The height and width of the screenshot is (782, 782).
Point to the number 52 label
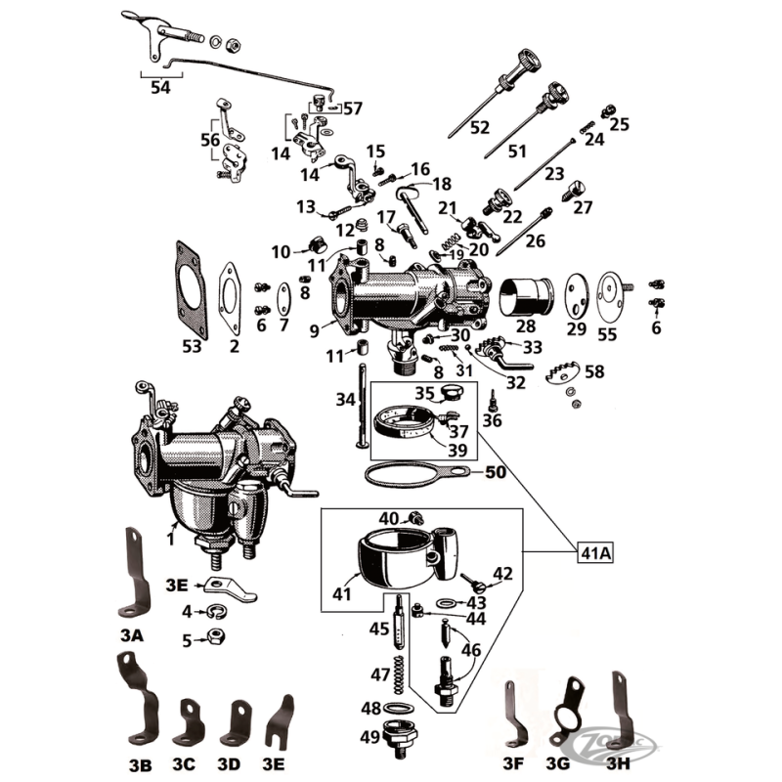(x=479, y=127)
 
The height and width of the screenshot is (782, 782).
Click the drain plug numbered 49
(x=401, y=735)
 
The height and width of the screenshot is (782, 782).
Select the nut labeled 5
(x=214, y=640)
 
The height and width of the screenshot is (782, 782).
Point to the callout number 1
(x=170, y=537)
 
